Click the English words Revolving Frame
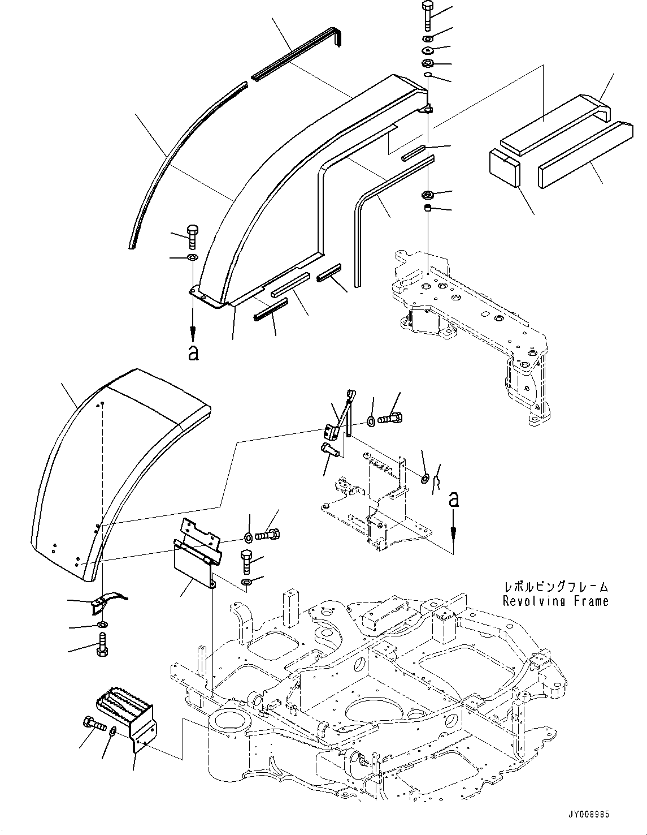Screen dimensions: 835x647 [556, 601]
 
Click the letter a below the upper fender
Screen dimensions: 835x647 [193, 353]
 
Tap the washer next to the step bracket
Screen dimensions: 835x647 [113, 731]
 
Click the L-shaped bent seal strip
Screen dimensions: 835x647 [384, 204]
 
